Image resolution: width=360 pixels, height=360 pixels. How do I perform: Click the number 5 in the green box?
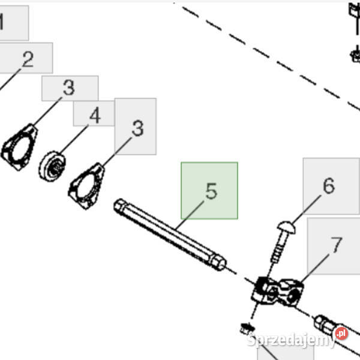[x=211, y=191]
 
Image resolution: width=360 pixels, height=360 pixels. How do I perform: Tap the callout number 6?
[x=329, y=185]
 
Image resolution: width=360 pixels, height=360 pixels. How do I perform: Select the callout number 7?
[x=337, y=245]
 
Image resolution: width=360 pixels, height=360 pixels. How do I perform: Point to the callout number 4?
[x=95, y=115]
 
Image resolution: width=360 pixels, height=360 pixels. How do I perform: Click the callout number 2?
[x=28, y=59]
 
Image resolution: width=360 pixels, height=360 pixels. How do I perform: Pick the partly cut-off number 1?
[x=1, y=22]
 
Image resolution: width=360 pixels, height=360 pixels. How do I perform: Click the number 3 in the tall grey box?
[x=138, y=128]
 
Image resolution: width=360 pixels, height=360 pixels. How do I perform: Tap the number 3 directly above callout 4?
[x=69, y=88]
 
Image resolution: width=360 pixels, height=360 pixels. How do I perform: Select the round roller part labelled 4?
[x=52, y=166]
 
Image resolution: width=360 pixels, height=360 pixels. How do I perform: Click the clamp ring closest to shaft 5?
[x=86, y=186]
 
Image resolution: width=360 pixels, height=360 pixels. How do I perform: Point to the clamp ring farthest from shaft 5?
[x=19, y=147]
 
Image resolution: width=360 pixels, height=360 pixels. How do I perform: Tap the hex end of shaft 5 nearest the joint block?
[x=218, y=262]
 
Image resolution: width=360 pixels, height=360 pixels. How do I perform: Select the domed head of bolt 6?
[x=286, y=227]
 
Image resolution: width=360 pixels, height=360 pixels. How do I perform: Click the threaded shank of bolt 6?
[x=279, y=248]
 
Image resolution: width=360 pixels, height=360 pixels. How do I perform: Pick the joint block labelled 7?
[x=277, y=292]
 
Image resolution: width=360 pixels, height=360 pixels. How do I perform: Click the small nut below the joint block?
[x=246, y=328]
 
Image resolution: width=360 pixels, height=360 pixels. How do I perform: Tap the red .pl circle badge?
[x=341, y=334]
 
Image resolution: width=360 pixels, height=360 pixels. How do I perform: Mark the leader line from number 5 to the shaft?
[x=190, y=215]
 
